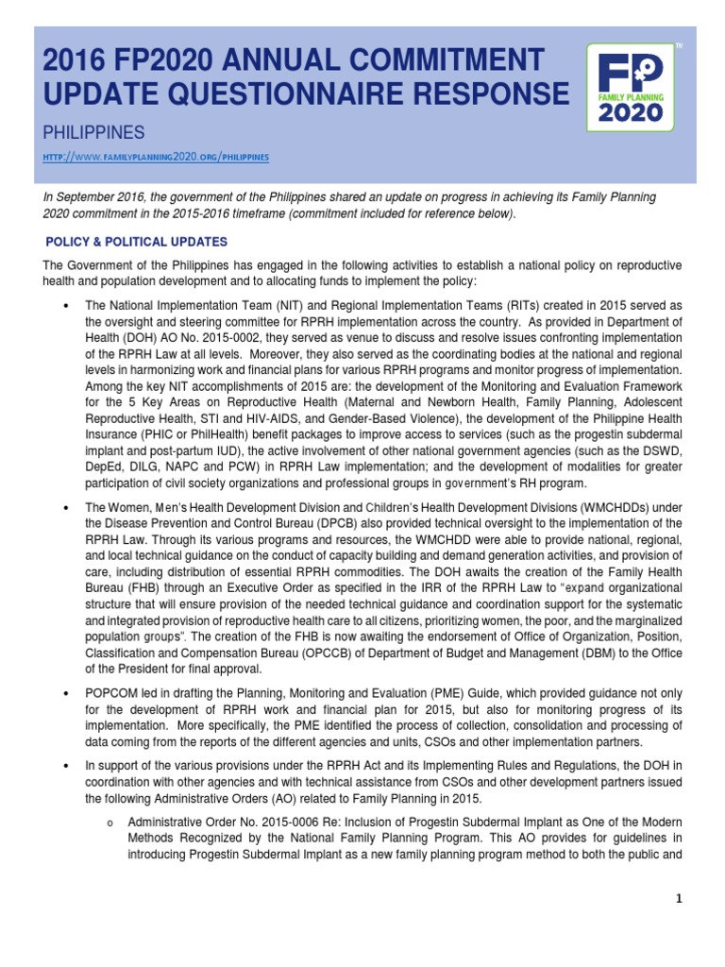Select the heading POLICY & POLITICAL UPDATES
pyautogui.click(x=137, y=242)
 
